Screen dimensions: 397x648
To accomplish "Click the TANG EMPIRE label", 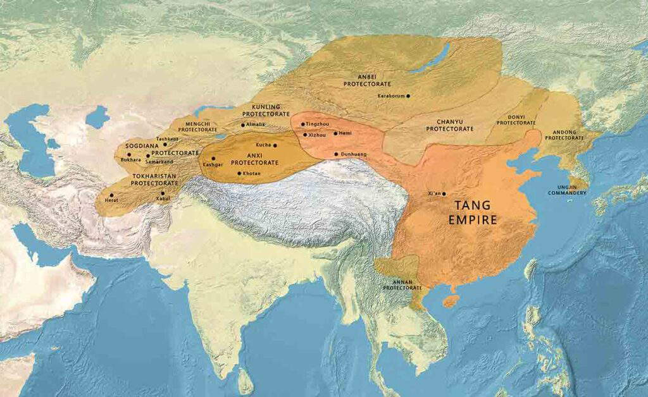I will (x=477, y=212).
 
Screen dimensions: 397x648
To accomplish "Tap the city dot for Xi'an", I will (x=444, y=193).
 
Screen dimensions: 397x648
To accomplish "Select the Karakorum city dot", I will (x=408, y=96).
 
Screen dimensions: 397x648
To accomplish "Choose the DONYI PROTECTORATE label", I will (x=516, y=119).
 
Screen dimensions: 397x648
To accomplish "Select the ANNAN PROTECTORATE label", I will (x=402, y=284).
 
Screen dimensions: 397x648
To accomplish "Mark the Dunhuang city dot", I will (x=336, y=154).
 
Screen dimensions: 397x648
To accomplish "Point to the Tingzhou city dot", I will (x=302, y=125).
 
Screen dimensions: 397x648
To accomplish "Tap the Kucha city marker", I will (x=275, y=145).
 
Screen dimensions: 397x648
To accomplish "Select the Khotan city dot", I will (x=239, y=173).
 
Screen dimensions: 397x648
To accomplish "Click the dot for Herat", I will (x=111, y=195).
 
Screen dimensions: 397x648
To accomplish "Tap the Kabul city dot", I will (x=163, y=193).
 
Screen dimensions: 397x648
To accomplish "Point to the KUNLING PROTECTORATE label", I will (x=261, y=111).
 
